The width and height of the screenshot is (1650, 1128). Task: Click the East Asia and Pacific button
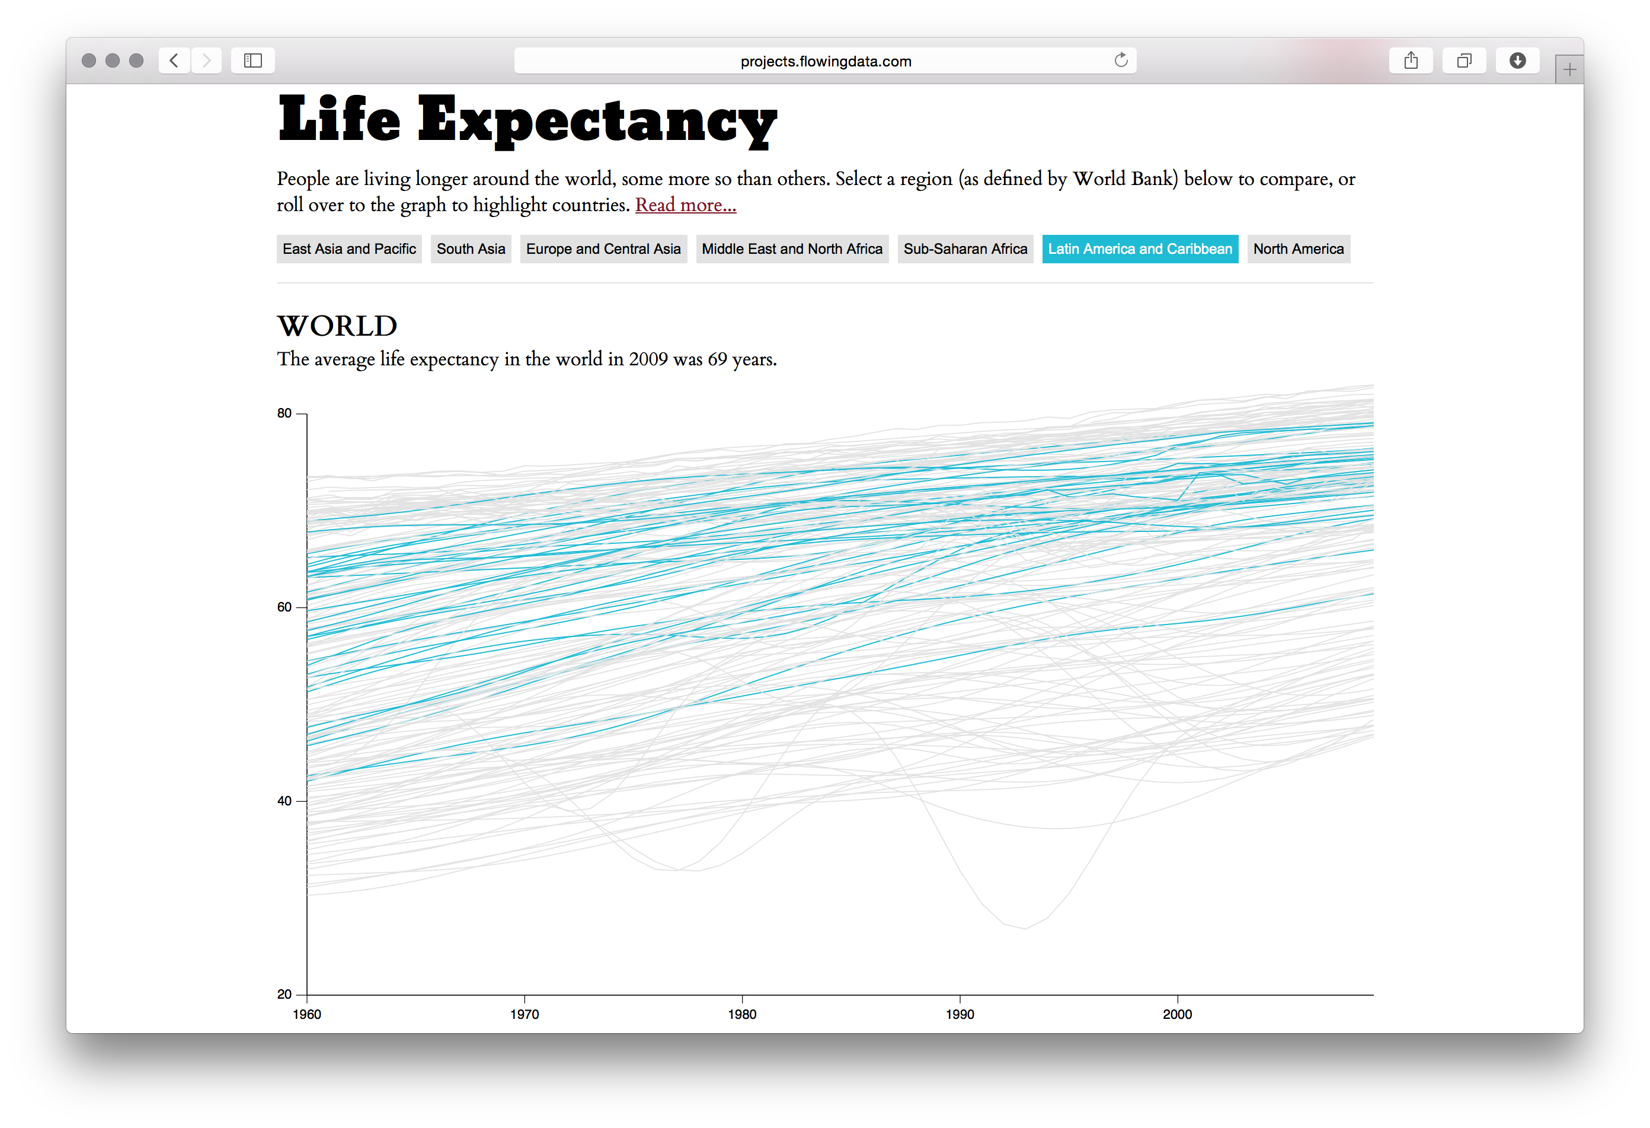[348, 248]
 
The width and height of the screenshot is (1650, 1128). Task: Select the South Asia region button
[470, 248]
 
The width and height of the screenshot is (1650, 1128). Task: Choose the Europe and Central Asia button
[603, 248]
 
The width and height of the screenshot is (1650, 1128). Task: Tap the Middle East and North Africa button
[792, 248]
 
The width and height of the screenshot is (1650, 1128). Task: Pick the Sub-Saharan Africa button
[965, 248]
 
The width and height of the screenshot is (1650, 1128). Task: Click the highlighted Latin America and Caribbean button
[1140, 248]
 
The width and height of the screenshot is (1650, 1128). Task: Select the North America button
[1298, 248]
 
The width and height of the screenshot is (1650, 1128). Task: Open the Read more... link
[685, 205]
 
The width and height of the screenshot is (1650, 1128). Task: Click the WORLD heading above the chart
[337, 326]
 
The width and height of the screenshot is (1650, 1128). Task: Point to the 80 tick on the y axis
[284, 413]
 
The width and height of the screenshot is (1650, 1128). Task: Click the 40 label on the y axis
[284, 801]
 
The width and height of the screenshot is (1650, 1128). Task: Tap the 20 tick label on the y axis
[284, 995]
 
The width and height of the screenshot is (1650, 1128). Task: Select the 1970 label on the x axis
[524, 1014]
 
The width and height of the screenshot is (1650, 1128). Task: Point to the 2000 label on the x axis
[1177, 1014]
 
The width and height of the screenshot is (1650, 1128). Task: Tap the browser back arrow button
[174, 60]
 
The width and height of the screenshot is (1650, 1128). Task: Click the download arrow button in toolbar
[1517, 60]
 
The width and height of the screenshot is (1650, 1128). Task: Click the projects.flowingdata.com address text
[825, 61]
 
